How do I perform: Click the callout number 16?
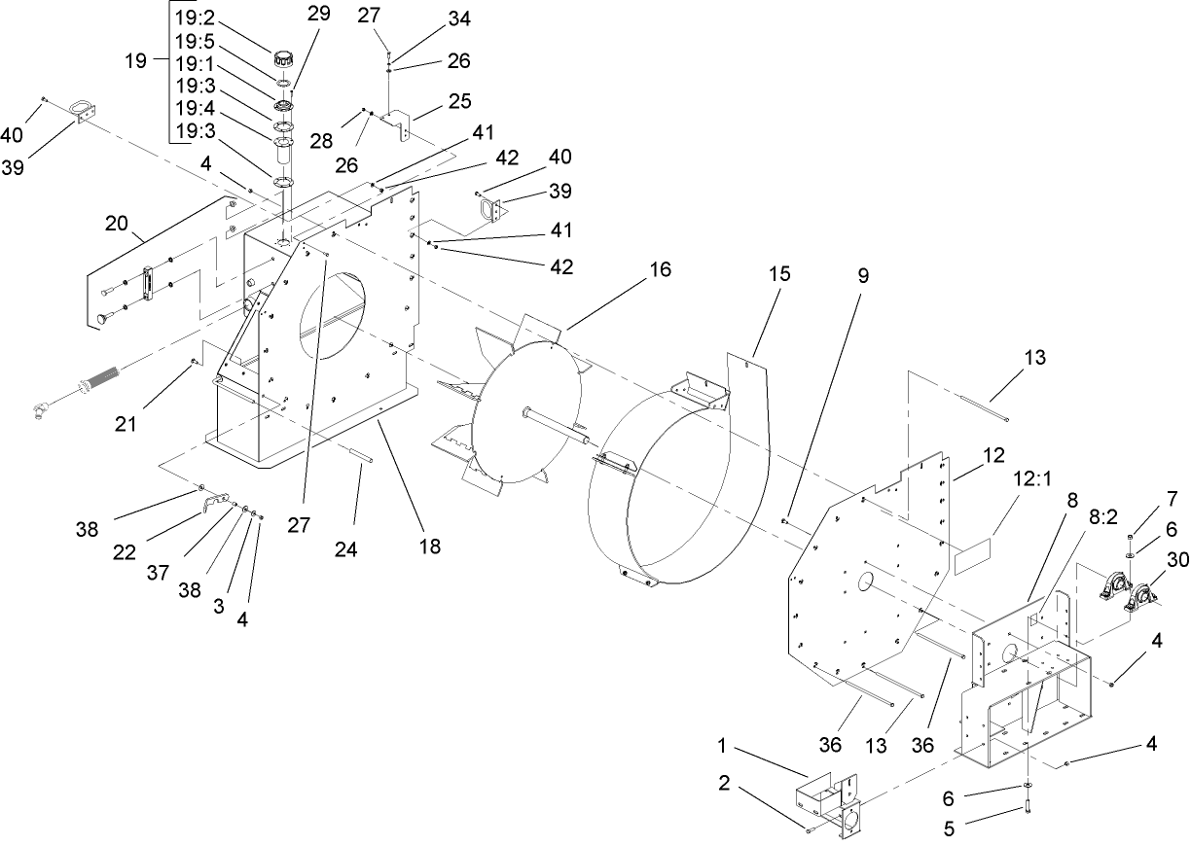(661, 270)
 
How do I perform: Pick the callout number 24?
(346, 548)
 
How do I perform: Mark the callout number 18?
(428, 546)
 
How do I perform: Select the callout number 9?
(863, 276)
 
